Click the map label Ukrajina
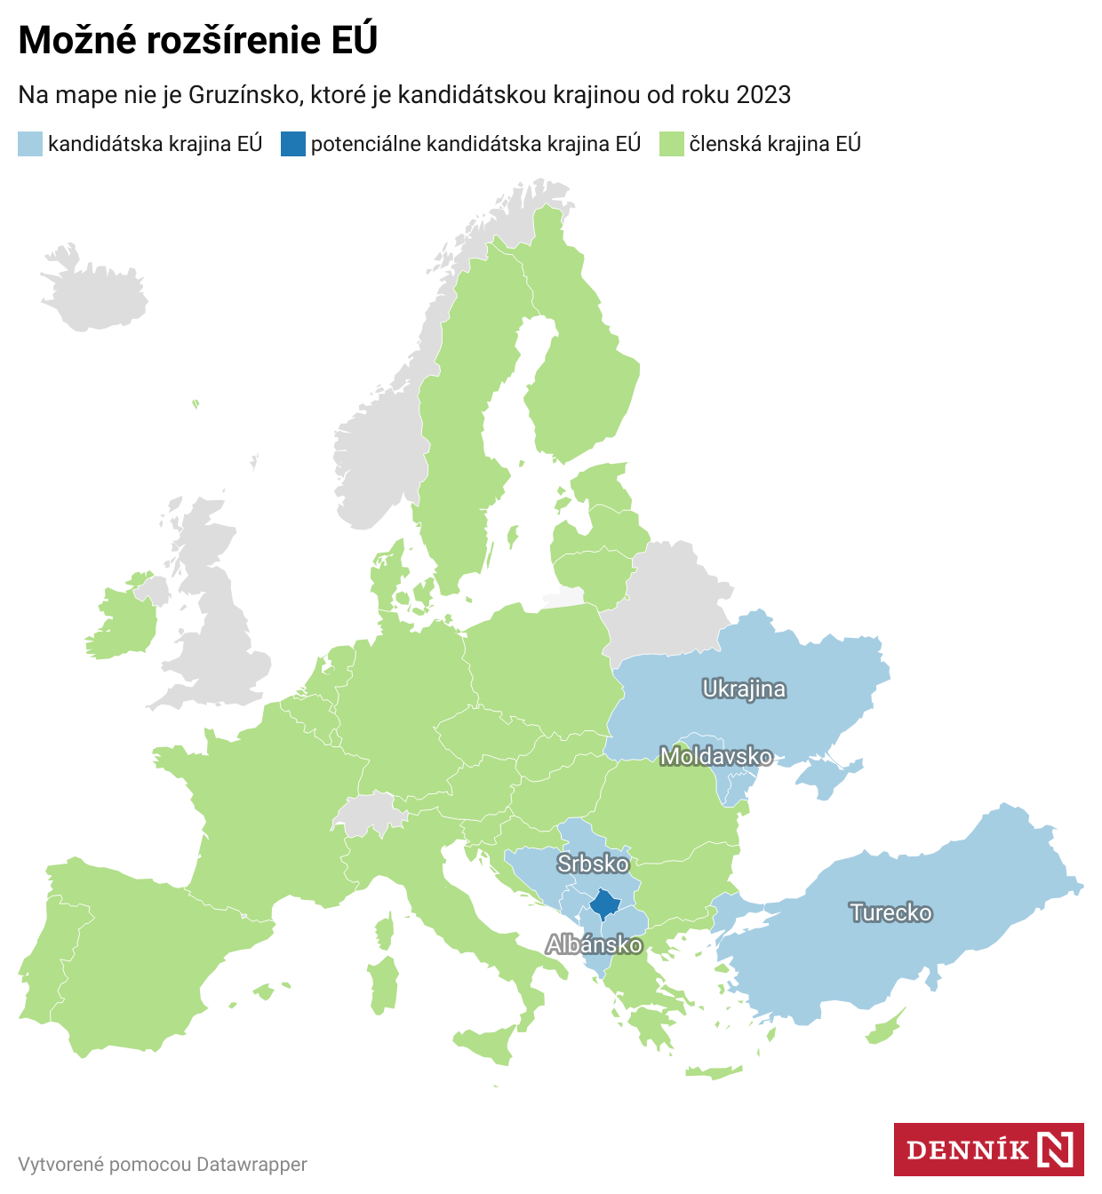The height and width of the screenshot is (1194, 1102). click(744, 689)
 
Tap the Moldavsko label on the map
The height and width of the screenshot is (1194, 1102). click(716, 756)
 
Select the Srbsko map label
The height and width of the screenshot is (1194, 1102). click(593, 864)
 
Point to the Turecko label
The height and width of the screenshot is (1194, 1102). click(890, 912)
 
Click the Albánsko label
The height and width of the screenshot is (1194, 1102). click(594, 944)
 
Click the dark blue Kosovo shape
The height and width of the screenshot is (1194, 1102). click(606, 904)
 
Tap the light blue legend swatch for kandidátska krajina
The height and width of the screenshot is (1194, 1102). click(29, 144)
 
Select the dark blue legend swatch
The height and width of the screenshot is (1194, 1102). click(292, 144)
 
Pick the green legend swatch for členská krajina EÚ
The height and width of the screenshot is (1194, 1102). click(671, 144)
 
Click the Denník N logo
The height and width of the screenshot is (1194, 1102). click(988, 1150)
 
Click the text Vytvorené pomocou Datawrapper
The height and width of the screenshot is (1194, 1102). click(163, 1164)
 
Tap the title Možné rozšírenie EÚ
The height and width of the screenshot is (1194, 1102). click(197, 40)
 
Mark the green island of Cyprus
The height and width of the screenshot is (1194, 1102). click(886, 1029)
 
